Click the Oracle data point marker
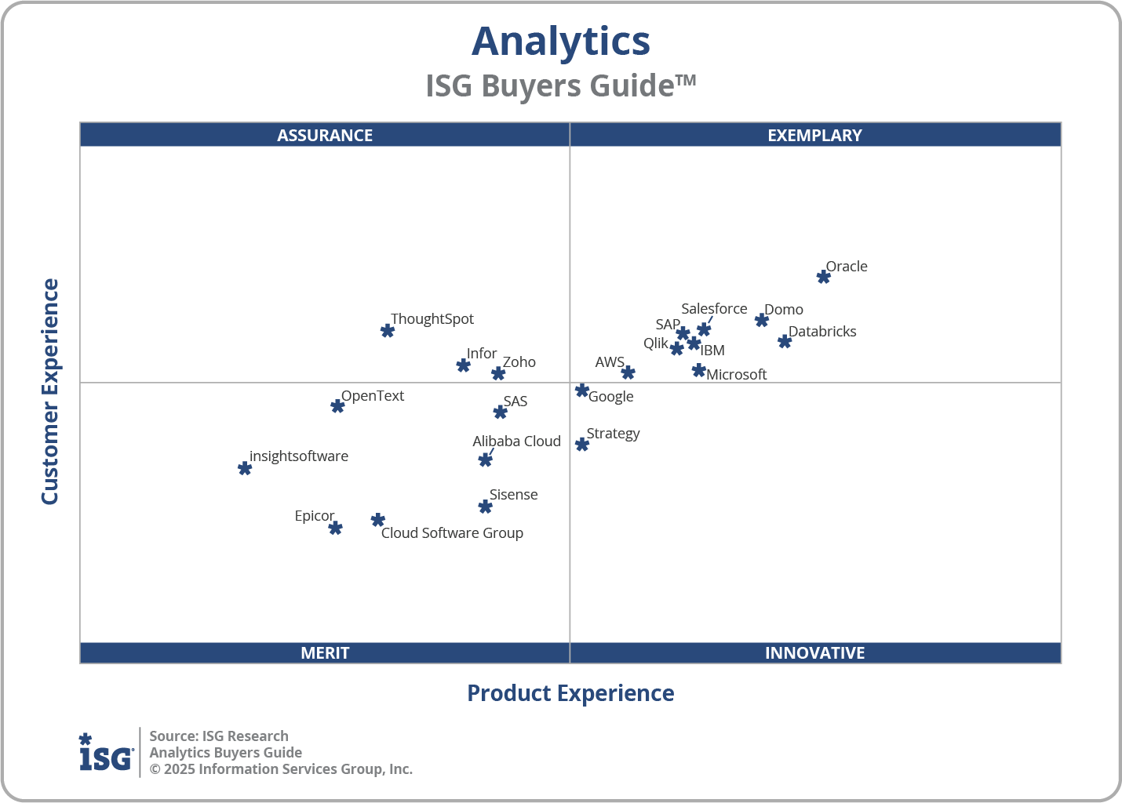point(823,277)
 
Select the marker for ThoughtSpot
point(388,331)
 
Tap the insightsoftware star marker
point(245,468)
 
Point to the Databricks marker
point(785,341)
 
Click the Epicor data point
point(335,528)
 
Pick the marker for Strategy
point(582,445)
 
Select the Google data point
point(582,391)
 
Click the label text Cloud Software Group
point(452,533)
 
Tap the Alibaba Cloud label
point(516,441)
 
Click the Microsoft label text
point(736,375)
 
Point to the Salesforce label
point(714,309)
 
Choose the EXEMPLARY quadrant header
point(814,135)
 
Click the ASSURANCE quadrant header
point(325,135)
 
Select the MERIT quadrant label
point(325,652)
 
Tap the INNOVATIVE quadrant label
point(814,652)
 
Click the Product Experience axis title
point(570,693)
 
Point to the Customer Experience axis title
point(50,392)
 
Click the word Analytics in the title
point(560,42)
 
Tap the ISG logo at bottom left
point(106,753)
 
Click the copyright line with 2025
point(281,769)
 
